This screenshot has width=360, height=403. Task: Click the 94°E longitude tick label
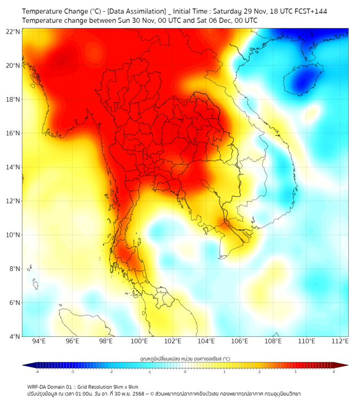[x=39, y=341]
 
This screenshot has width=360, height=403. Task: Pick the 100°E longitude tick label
[x=139, y=341]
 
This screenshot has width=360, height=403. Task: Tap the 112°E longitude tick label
[x=340, y=341]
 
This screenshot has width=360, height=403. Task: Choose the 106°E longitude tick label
[x=240, y=341]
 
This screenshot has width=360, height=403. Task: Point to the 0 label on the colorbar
[x=185, y=372]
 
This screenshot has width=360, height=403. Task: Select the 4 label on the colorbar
[x=334, y=372]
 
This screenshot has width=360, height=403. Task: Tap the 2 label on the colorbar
[x=260, y=372]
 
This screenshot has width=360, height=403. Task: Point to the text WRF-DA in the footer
[x=38, y=386]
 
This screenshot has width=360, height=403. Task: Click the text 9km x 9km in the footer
[x=124, y=386]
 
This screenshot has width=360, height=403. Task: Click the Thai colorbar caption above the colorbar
[x=185, y=359]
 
